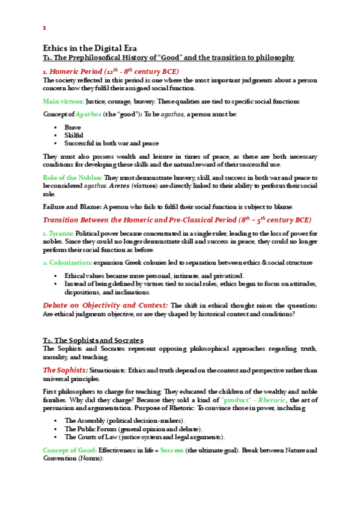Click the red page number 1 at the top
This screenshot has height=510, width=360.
[x=44, y=28]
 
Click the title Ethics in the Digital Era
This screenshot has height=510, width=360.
[x=90, y=48]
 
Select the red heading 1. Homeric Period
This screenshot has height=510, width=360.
[x=111, y=72]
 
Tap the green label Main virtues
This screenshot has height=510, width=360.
[x=63, y=101]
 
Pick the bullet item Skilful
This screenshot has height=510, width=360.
[x=74, y=135]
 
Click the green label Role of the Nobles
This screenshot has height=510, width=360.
[x=72, y=178]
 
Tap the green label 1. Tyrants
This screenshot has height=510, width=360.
[x=58, y=233]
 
